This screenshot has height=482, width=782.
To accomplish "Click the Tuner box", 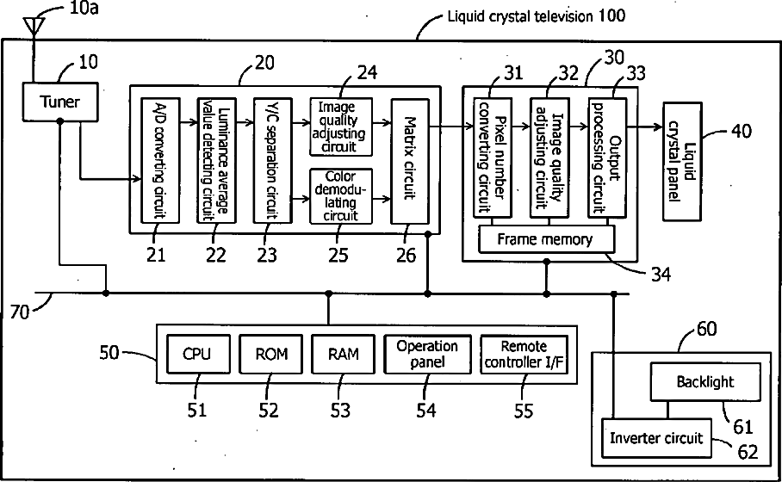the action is pos(59,102).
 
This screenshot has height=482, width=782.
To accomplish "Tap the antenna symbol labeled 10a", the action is pos(34,26).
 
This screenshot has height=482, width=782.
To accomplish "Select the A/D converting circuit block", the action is pos(160,160).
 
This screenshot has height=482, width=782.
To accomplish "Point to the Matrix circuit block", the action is pos(410,161).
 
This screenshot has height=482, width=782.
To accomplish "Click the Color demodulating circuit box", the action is pos(341,196).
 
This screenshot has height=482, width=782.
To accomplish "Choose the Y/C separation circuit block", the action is pos(272,160).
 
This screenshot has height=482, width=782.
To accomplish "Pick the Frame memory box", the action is pos(546,239).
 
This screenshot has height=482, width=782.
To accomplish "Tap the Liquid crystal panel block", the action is pos(682,162).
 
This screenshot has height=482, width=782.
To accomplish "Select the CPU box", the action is pos(198,354).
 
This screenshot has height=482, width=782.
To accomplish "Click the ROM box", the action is pos(270,354).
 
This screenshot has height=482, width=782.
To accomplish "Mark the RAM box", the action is pos(343,354).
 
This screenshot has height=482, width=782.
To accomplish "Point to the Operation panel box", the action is pos(427,354).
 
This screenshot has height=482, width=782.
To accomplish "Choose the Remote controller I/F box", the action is pos(524,354).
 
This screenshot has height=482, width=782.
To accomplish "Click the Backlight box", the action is pos(705,382).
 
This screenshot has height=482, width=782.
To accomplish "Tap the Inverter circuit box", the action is pos(656,437).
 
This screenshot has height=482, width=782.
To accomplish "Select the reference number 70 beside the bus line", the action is pos(20,312).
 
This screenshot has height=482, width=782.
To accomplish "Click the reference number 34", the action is pos(661,274).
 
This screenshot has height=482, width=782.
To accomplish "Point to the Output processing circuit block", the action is pos(607,158).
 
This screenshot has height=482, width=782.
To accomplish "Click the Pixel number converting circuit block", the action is pos(493,158).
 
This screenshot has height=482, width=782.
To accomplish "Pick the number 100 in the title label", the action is pos(612,15).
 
